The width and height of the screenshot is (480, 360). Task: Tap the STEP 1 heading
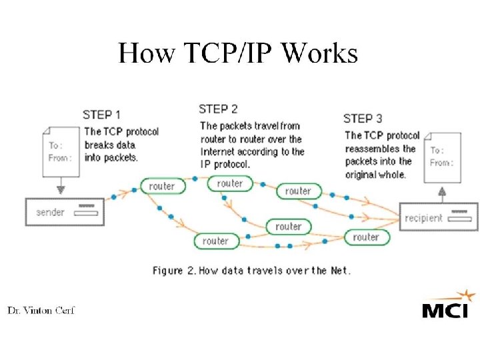[x=102, y=115]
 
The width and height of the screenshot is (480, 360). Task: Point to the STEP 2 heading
[x=218, y=109]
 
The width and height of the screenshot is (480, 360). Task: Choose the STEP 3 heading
[x=363, y=119]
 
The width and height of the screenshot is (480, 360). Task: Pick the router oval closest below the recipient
[x=365, y=237]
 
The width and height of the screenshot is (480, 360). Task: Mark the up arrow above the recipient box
[x=441, y=194]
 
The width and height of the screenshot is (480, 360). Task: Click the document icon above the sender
[x=60, y=151]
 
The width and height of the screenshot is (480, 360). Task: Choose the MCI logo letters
[x=445, y=311]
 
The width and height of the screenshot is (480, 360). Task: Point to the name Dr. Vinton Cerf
[x=41, y=311]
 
